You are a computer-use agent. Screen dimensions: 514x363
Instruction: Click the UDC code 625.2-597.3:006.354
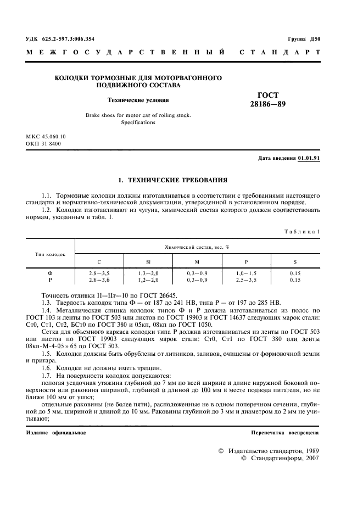coord(60,39)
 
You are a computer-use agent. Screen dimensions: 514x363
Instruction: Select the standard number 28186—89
coord(268,104)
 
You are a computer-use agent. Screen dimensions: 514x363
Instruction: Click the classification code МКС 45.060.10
coord(46,136)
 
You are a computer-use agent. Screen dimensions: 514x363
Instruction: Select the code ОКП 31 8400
coord(43,143)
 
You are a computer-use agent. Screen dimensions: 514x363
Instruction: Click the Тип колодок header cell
coord(51,254)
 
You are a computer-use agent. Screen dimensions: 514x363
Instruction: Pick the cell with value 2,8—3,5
coord(99,273)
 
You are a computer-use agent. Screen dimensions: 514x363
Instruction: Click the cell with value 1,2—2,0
coord(148,280)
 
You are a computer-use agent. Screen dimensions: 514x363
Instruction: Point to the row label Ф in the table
coord(51,273)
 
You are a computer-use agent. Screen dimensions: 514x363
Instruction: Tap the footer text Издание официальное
coord(55,433)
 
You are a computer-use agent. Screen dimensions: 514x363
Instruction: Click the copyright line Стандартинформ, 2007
coord(280,457)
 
